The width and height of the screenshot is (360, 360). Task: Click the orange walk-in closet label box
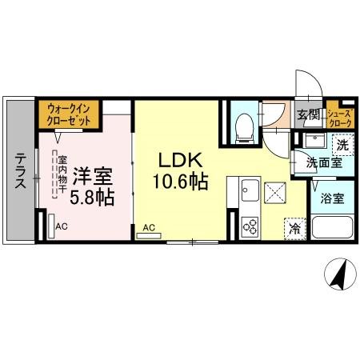coord(69,113)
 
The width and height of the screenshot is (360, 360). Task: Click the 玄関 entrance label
coord(308,114)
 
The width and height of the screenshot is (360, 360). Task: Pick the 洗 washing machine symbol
coord(342,146)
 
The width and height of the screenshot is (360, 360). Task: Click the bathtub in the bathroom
coord(331,228)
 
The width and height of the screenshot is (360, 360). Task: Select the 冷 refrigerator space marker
coord(295,227)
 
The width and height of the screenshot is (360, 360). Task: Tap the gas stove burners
coord(246,225)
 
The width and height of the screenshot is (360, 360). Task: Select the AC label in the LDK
coord(149,228)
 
